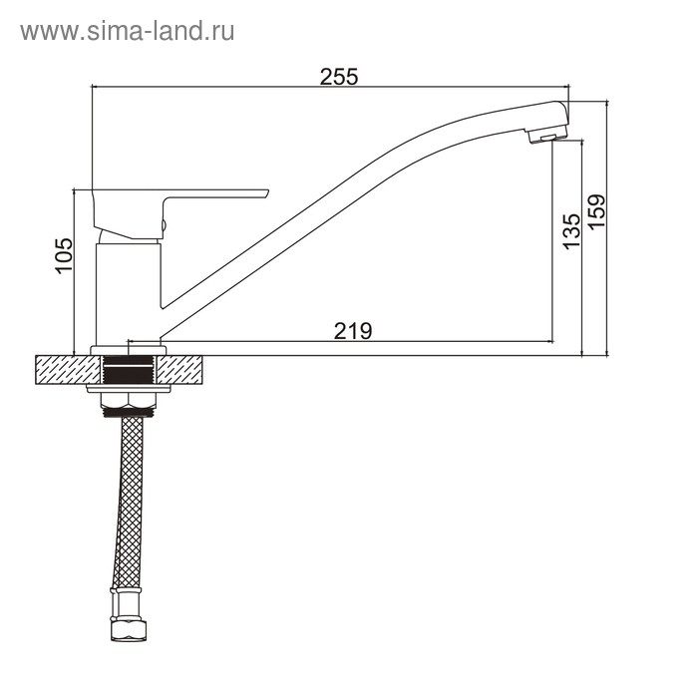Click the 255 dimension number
click(x=339, y=77)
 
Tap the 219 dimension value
click(x=353, y=331)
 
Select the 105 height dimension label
click(x=64, y=255)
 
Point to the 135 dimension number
click(x=572, y=231)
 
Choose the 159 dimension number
click(x=597, y=211)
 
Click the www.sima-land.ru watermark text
click(x=128, y=32)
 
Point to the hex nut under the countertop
click(x=129, y=401)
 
